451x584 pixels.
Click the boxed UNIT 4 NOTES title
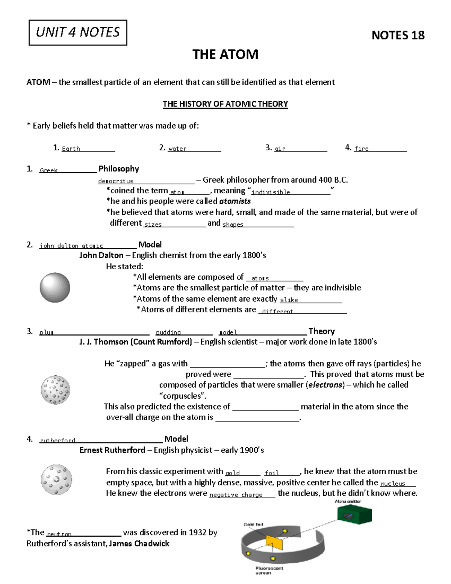(x=78, y=33)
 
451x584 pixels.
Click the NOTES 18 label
(x=398, y=35)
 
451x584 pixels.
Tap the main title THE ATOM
(x=225, y=55)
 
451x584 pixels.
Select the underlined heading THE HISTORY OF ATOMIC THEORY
(x=225, y=104)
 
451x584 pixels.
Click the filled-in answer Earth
(x=71, y=149)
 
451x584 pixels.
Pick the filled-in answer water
(x=177, y=149)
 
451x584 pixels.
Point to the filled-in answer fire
(x=361, y=149)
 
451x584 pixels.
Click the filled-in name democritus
(x=116, y=181)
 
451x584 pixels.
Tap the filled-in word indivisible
(x=271, y=192)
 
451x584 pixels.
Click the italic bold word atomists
(x=235, y=201)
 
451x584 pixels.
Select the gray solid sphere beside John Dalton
(x=55, y=288)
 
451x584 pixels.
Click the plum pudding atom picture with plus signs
(x=55, y=390)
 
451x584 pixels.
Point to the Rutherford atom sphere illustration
(x=56, y=480)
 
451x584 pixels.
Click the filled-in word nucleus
(x=393, y=484)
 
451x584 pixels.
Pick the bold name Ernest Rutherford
(x=112, y=450)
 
